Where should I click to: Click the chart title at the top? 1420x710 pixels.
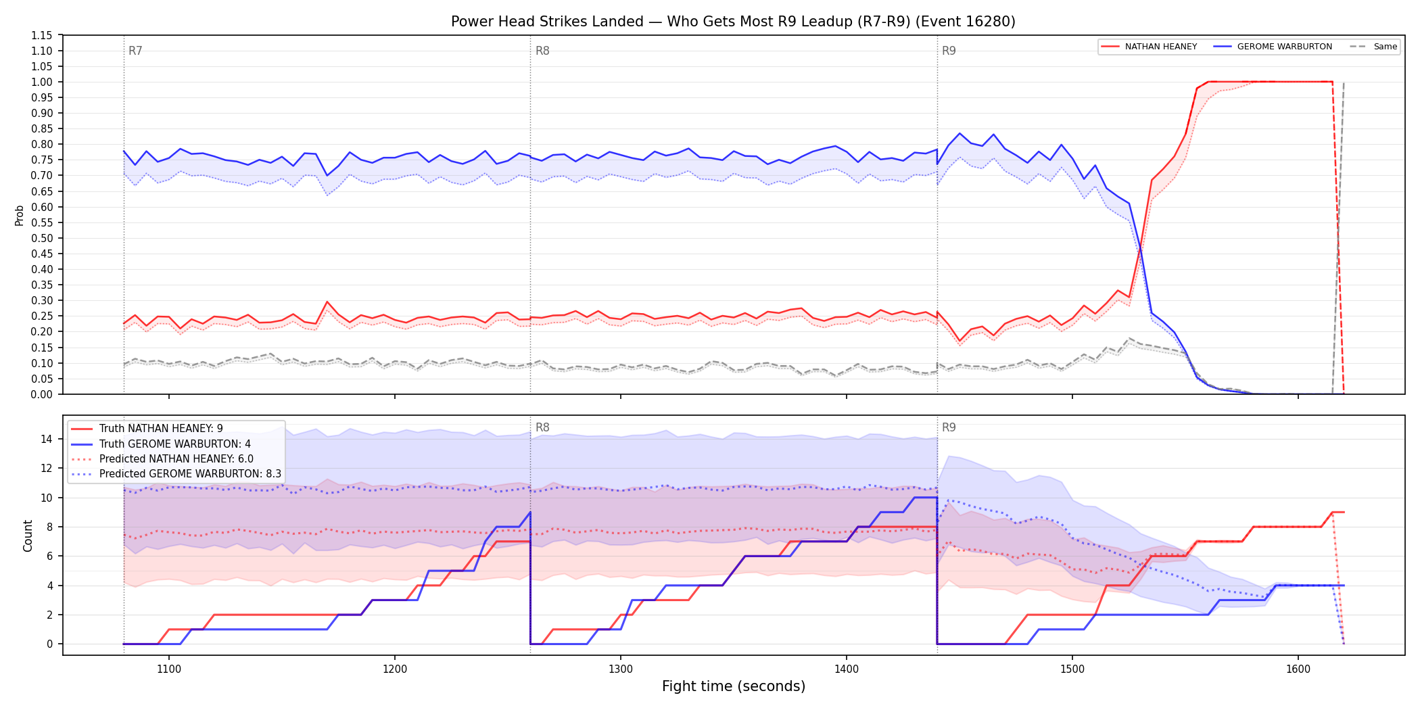click(x=733, y=22)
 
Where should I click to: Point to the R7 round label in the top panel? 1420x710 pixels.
click(x=135, y=51)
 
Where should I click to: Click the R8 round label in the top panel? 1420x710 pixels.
click(x=542, y=51)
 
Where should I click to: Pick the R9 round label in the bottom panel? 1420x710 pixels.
click(x=949, y=427)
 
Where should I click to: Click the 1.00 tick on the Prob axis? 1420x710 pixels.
click(x=42, y=82)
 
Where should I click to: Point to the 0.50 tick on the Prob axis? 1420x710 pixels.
click(x=42, y=238)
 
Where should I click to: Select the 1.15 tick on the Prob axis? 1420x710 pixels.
click(x=42, y=35)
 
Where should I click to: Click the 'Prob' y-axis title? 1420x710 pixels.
click(x=20, y=215)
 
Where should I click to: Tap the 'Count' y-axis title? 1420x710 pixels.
click(x=28, y=536)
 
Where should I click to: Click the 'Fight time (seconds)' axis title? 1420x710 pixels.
click(x=734, y=686)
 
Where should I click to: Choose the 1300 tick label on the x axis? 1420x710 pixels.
click(x=621, y=669)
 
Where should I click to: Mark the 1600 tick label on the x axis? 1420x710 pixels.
click(x=1298, y=669)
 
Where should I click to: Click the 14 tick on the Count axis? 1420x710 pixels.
click(x=46, y=439)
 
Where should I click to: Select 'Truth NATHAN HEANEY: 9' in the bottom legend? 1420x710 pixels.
click(x=161, y=429)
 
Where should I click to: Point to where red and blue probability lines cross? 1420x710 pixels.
click(x=1141, y=250)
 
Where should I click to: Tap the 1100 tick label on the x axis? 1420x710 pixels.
click(x=169, y=669)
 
